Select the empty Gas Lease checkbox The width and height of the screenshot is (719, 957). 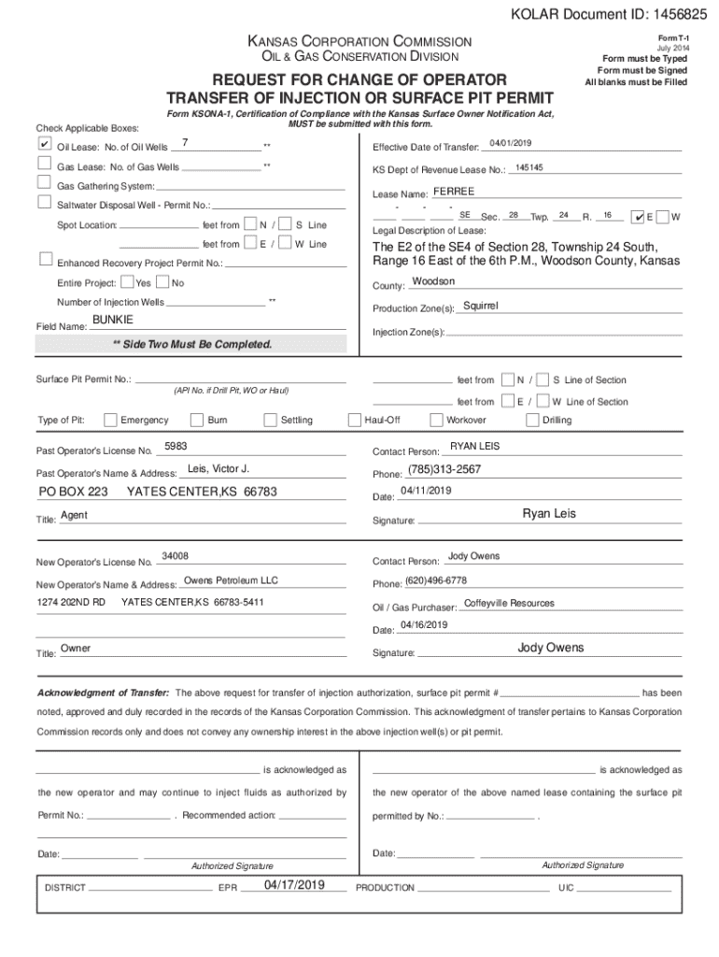coord(44,164)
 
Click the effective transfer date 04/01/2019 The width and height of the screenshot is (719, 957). coord(510,142)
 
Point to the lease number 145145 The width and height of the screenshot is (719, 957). coord(529,167)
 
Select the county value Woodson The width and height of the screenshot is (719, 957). coord(433,281)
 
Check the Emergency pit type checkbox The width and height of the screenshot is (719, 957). coord(111,420)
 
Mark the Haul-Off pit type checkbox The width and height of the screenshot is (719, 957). coord(355,420)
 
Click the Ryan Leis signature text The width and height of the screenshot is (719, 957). coord(549,513)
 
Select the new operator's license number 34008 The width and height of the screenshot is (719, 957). coord(176,556)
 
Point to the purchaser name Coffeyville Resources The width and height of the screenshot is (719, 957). coord(509,603)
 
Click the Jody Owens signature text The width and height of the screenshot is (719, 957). coord(550,648)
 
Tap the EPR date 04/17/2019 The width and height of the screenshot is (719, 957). coord(294,883)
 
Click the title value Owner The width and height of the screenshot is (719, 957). coord(76,649)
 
